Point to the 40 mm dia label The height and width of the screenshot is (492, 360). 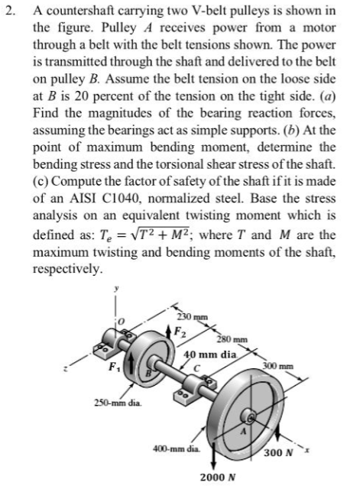[211, 354]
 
